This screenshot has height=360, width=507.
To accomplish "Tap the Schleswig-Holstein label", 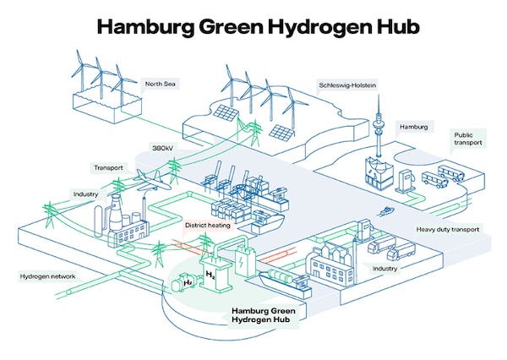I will click(347, 86).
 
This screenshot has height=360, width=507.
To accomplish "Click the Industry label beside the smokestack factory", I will click(86, 195).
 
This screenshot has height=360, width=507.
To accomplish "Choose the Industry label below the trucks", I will click(384, 269).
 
